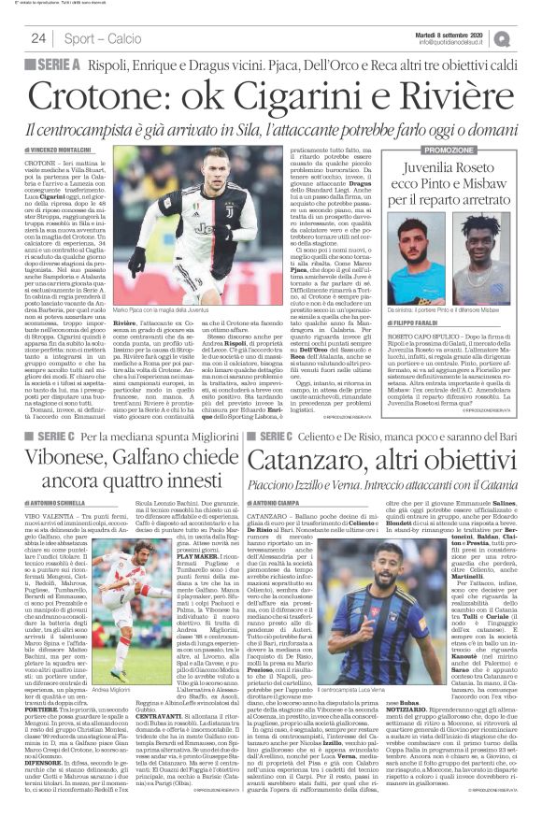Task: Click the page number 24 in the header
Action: pyautogui.click(x=39, y=38)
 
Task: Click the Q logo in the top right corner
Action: pyautogui.click(x=528, y=38)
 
